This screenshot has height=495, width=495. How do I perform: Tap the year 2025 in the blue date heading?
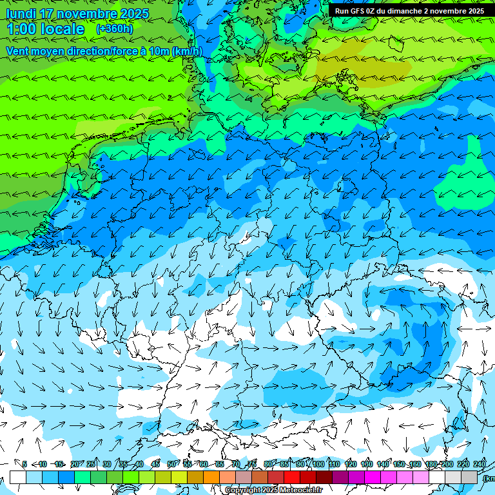click(134, 14)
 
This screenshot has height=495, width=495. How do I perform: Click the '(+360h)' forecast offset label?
click(115, 29)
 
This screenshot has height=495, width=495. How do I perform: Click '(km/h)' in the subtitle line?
click(188, 51)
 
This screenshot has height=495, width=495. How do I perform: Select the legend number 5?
click(24, 464)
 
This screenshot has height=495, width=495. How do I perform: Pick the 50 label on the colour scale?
click(171, 464)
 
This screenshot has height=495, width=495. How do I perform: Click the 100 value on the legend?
click(318, 464)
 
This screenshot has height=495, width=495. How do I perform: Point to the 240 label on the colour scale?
click(479, 464)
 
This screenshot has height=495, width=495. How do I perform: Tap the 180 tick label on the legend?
click(431, 464)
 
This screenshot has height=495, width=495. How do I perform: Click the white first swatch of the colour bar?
click(17, 477)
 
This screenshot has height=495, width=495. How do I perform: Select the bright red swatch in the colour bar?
click(292, 477)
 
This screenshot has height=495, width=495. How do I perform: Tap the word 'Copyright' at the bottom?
click(242, 490)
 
